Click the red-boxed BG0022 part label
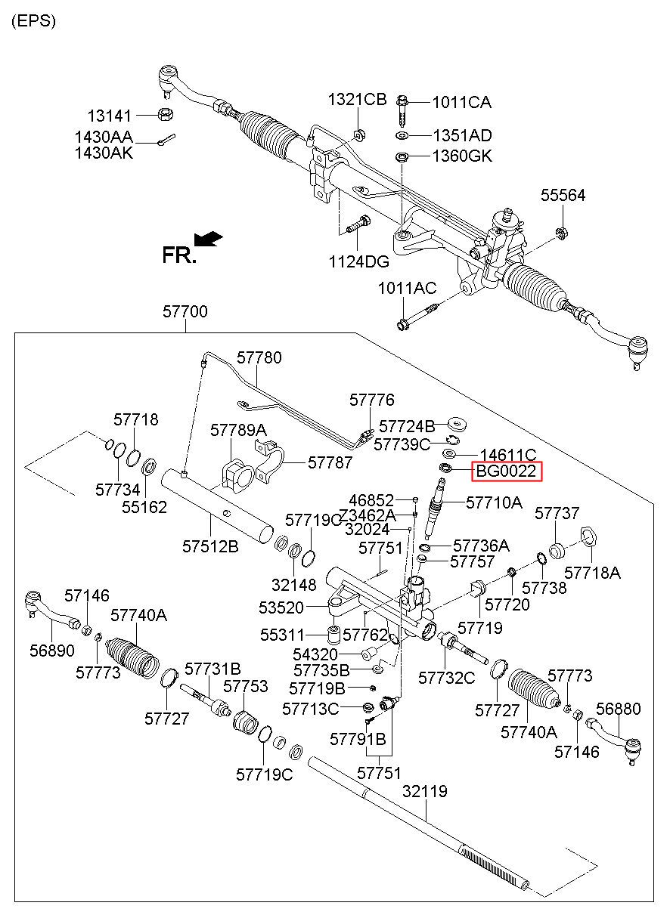coord(507,471)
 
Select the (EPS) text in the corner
coord(33,21)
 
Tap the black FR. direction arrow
coord(209,239)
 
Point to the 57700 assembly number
coord(185,311)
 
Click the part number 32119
coord(425,791)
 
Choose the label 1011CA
coord(461,102)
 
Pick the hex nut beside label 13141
coord(166,114)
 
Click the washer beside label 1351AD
coord(402,135)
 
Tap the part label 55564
coord(563,195)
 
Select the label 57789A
coord(238,430)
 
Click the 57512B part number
coord(210,546)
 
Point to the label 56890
coord(52,651)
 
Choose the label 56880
coord(619,709)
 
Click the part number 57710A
coord(495,502)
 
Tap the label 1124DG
coord(359,261)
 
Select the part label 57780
coord(259,357)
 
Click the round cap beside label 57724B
coord(457,424)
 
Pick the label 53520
coord(281,607)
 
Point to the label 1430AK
coord(104,153)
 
